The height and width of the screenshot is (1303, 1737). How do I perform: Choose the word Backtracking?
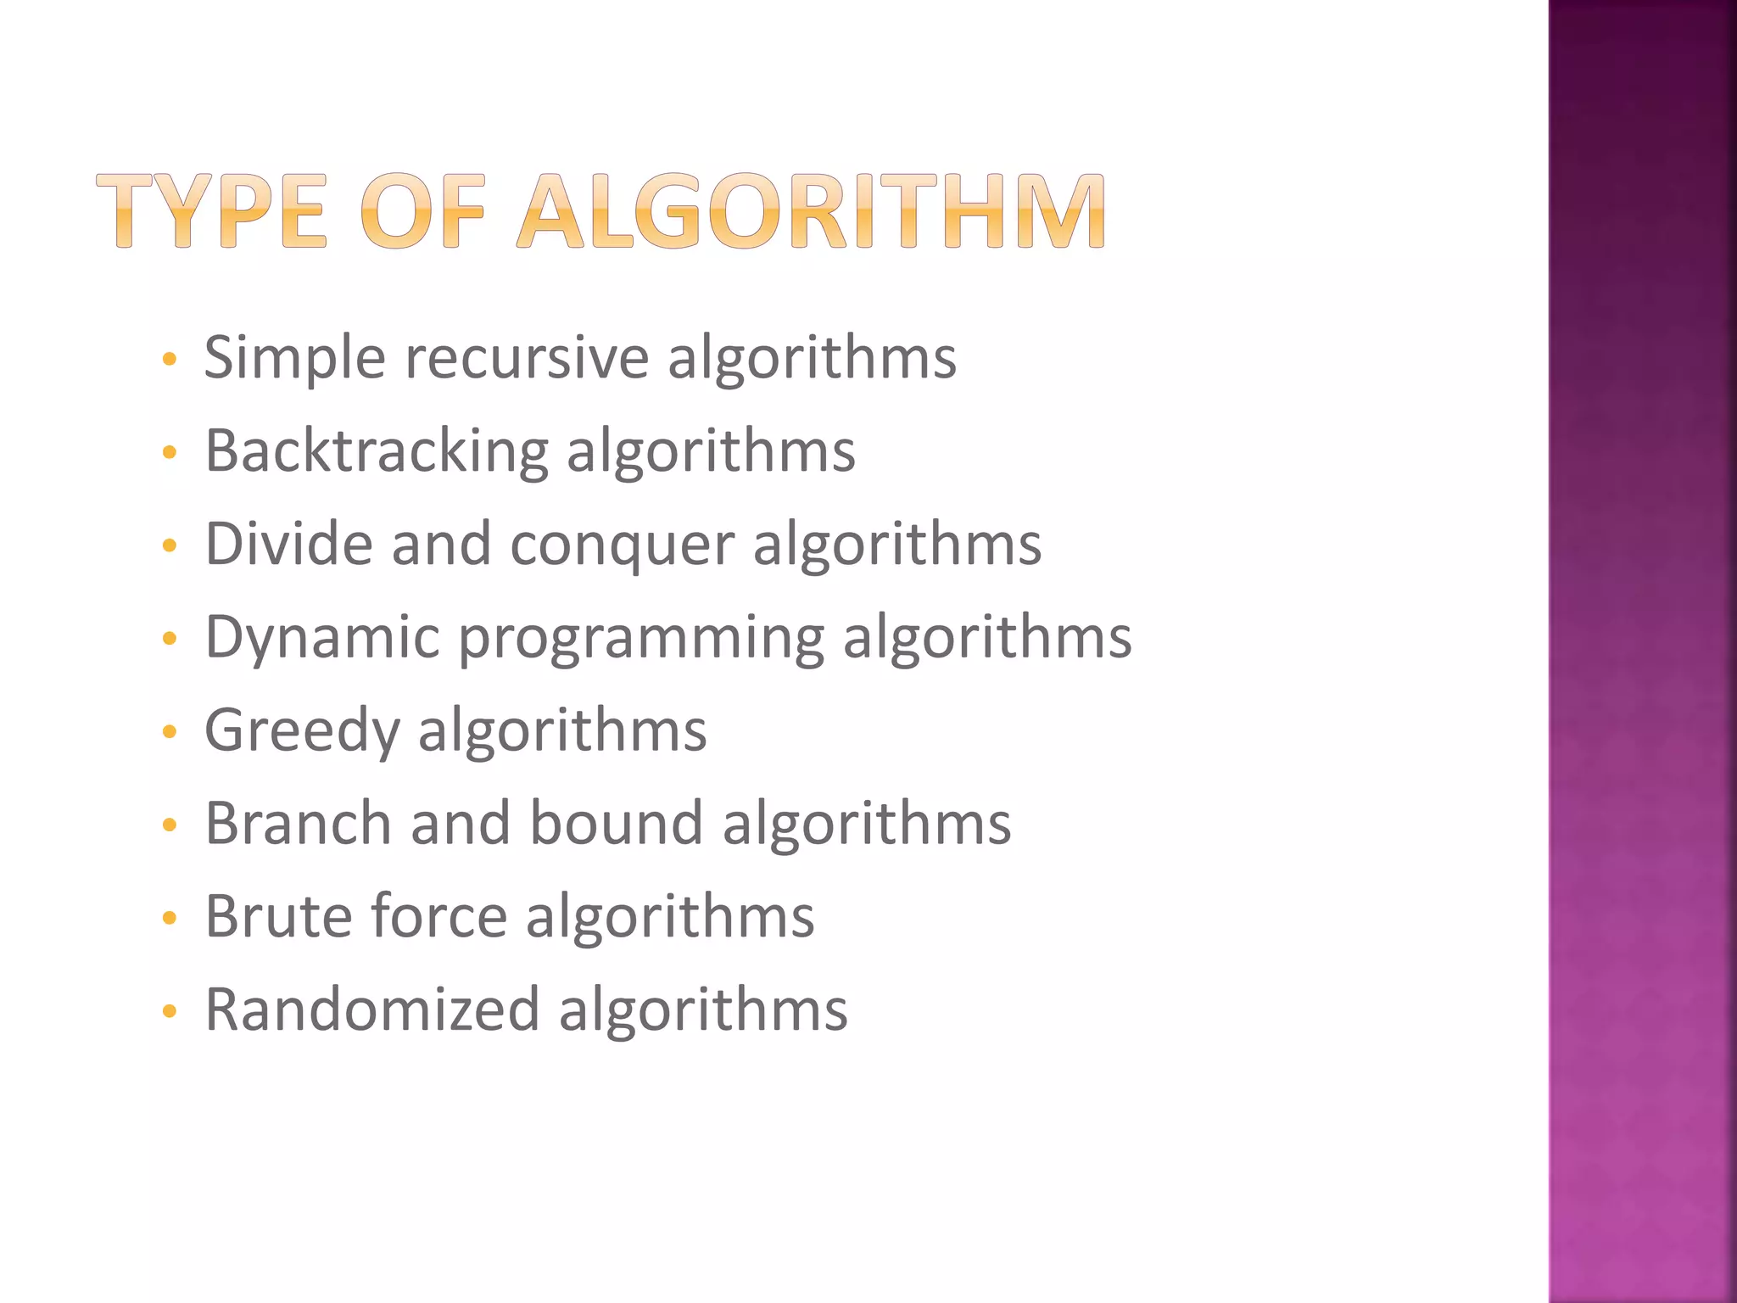pyautogui.click(x=377, y=451)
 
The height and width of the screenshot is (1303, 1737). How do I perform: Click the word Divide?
pyautogui.click(x=288, y=544)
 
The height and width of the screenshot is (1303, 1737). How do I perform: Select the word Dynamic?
pyautogui.click(x=322, y=638)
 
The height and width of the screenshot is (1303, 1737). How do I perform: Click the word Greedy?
pyautogui.click(x=302, y=731)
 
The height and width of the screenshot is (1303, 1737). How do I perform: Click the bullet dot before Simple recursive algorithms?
pyautogui.click(x=170, y=360)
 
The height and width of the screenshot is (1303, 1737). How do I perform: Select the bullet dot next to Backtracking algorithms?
pyautogui.click(x=170, y=452)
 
